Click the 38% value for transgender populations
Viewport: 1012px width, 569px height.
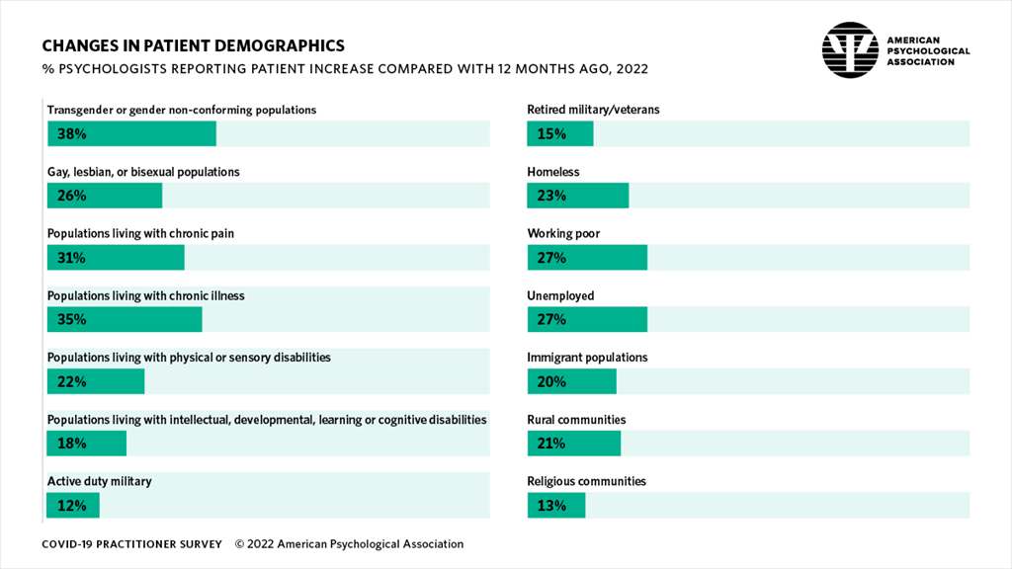click(71, 133)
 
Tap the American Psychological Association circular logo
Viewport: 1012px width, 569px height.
click(850, 50)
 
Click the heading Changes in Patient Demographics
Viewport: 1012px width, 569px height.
click(193, 45)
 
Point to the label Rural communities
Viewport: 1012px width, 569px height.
click(576, 420)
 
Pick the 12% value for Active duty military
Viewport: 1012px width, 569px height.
click(71, 506)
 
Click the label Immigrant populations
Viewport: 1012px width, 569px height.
click(587, 358)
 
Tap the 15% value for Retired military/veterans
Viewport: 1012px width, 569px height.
click(551, 133)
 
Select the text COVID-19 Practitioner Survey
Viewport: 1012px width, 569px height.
click(131, 544)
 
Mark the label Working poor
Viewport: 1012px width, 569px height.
click(563, 234)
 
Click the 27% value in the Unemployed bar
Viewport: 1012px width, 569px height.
click(551, 319)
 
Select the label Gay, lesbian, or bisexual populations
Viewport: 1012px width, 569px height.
click(143, 172)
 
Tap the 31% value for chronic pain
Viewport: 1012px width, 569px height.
click(71, 258)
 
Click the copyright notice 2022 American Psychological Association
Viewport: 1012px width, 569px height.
click(349, 544)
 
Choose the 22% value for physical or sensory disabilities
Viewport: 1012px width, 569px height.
click(71, 381)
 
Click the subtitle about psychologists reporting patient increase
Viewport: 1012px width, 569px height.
click(345, 69)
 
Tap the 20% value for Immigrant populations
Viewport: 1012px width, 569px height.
click(551, 381)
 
